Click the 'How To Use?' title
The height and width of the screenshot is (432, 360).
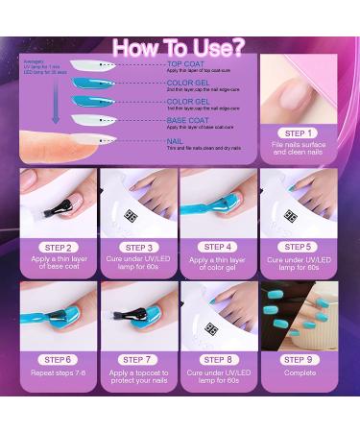click(180, 47)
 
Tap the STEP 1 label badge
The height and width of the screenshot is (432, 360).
click(298, 133)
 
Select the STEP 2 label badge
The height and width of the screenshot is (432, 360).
click(58, 247)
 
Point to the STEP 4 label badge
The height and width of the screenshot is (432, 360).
click(217, 247)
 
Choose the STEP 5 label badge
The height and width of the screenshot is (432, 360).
click(298, 247)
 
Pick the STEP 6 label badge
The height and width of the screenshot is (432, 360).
click(58, 359)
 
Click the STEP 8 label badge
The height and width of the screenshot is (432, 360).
click(217, 359)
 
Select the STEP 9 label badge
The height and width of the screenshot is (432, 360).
click(298, 359)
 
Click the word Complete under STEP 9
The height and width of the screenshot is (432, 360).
click(298, 374)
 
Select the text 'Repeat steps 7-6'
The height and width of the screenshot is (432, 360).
click(58, 374)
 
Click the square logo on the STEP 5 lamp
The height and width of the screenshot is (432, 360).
click(290, 216)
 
